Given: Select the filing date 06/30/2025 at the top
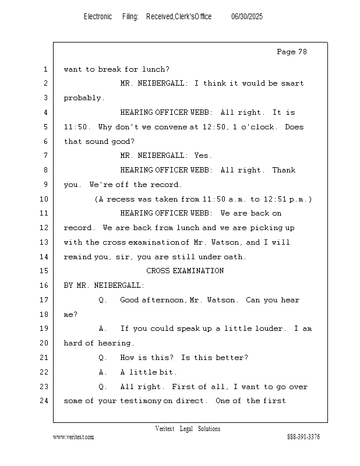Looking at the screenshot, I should pyautogui.click(x=246, y=16).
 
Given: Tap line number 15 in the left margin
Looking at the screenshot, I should pyautogui.click(x=45, y=271).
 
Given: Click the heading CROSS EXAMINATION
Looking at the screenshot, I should pyautogui.click(x=185, y=271).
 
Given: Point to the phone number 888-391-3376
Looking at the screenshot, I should pyautogui.click(x=303, y=437).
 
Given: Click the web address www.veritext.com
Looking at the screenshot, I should pyautogui.click(x=73, y=437).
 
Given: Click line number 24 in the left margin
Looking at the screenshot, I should pyautogui.click(x=45, y=401).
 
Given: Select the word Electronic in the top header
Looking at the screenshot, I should pyautogui.click(x=98, y=16).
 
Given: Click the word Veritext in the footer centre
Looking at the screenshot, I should pyautogui.click(x=165, y=429).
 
